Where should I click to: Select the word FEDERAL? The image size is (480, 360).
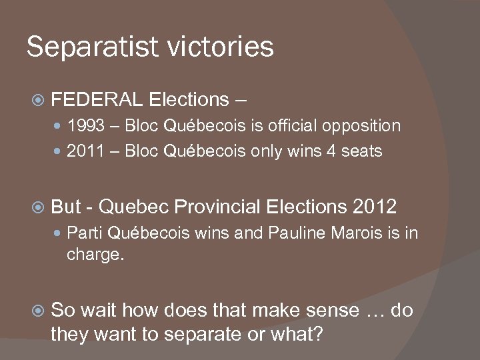pyautogui.click(x=97, y=100)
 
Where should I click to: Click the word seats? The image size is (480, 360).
pyautogui.click(x=360, y=151)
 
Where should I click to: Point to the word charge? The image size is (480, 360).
pyautogui.click(x=94, y=254)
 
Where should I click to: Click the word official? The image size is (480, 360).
pyautogui.click(x=293, y=126)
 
